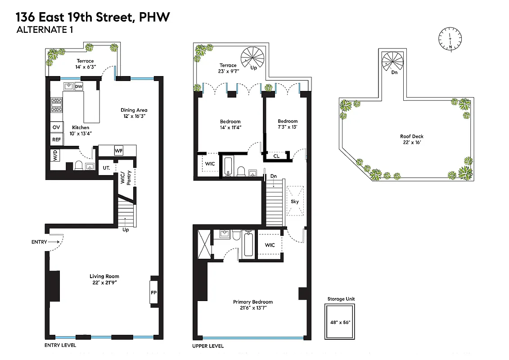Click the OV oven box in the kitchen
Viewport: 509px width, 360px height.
[x=56, y=127]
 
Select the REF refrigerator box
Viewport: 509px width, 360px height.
[x=56, y=139]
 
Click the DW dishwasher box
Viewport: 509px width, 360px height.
[x=79, y=86]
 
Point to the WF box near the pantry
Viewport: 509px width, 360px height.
[x=118, y=150]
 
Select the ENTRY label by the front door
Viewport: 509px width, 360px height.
[x=39, y=242]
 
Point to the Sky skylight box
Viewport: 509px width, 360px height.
[x=295, y=201]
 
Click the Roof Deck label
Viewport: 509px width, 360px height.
[x=411, y=136]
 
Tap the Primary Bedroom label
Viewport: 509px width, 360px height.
[x=252, y=302]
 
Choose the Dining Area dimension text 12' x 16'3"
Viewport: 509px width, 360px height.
[x=134, y=116]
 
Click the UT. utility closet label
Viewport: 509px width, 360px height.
[x=106, y=167]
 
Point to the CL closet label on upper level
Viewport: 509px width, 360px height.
[x=276, y=157]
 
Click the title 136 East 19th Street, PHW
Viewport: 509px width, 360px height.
[x=93, y=18]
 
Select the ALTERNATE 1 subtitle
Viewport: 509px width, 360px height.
[x=44, y=30]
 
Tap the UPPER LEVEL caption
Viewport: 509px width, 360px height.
[x=207, y=346]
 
